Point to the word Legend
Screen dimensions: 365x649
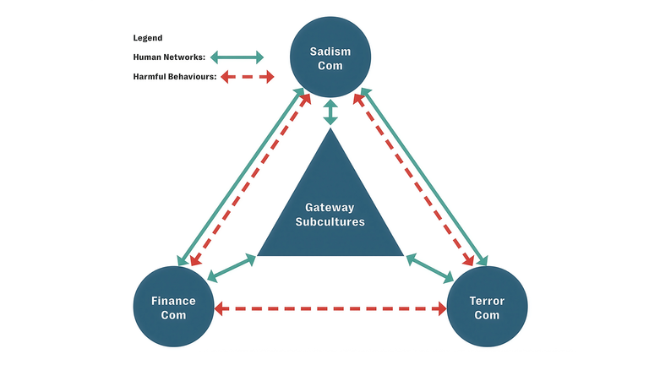point(148,38)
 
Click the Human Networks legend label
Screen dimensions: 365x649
point(169,57)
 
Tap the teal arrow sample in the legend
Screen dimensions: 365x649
point(237,57)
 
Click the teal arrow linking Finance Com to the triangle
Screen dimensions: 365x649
point(231,268)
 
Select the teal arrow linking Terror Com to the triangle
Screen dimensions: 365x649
point(431,268)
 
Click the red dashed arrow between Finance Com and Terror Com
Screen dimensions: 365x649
point(330,308)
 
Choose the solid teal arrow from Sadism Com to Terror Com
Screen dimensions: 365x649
point(423,174)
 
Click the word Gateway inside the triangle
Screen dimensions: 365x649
point(330,207)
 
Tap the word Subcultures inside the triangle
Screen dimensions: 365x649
point(330,222)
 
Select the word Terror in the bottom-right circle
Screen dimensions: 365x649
point(487,301)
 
